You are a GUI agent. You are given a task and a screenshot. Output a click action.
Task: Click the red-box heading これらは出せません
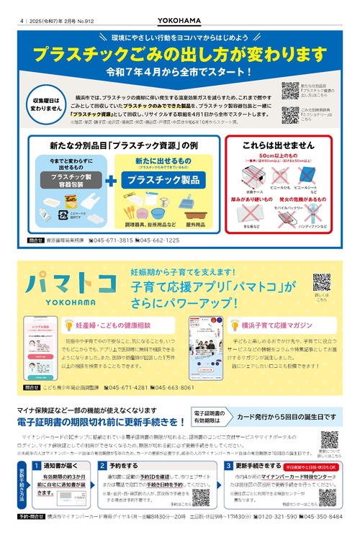(x=278, y=145)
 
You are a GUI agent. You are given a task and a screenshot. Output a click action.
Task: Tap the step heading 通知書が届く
(x=58, y=466)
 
